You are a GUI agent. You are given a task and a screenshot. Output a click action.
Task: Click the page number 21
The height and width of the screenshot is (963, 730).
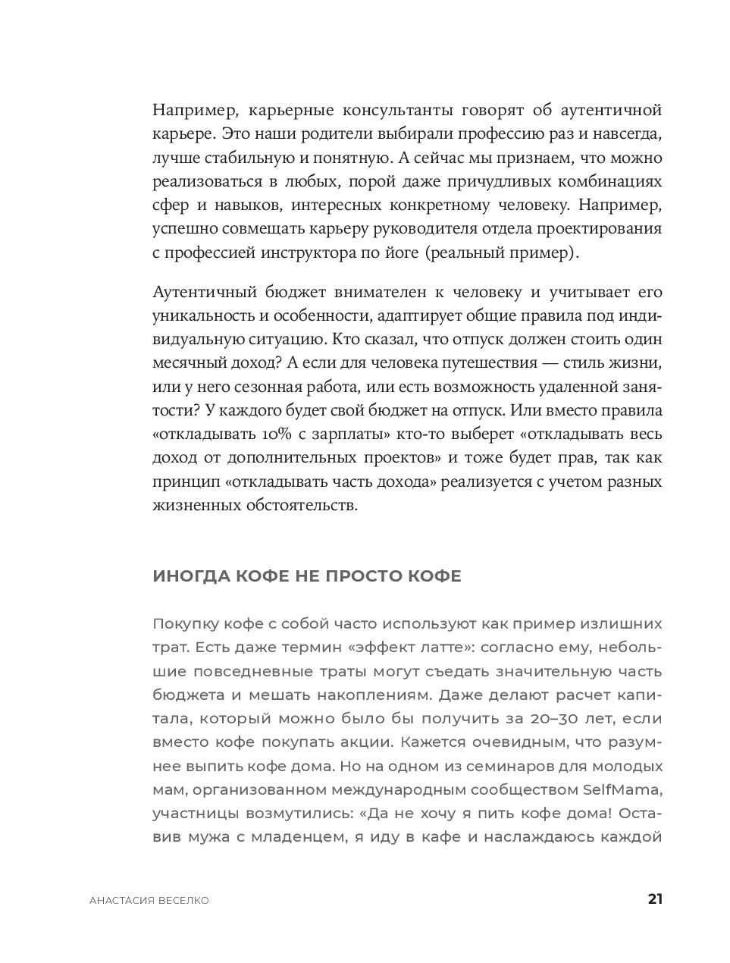[655, 899]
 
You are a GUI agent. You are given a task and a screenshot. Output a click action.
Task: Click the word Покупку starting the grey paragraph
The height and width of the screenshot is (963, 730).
[185, 624]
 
